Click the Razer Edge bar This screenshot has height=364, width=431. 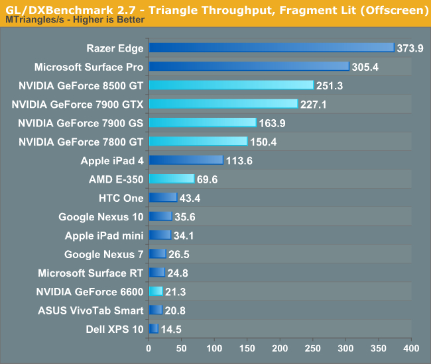[x=271, y=47]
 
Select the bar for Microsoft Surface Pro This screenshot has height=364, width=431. [x=249, y=66]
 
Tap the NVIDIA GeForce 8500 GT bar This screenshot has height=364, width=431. [x=231, y=85]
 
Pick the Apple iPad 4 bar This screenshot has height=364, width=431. [x=186, y=159]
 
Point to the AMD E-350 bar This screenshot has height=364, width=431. [x=171, y=179]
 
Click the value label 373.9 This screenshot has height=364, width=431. [x=410, y=48]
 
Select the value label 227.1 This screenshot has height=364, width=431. [x=313, y=105]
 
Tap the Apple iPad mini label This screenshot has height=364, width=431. [x=104, y=235]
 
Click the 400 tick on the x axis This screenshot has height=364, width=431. [x=411, y=348]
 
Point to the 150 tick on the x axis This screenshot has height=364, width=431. [x=247, y=348]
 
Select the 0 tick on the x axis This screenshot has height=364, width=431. [x=149, y=348]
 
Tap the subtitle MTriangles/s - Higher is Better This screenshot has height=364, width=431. [x=76, y=21]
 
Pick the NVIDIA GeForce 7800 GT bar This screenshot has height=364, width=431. [x=198, y=141]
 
